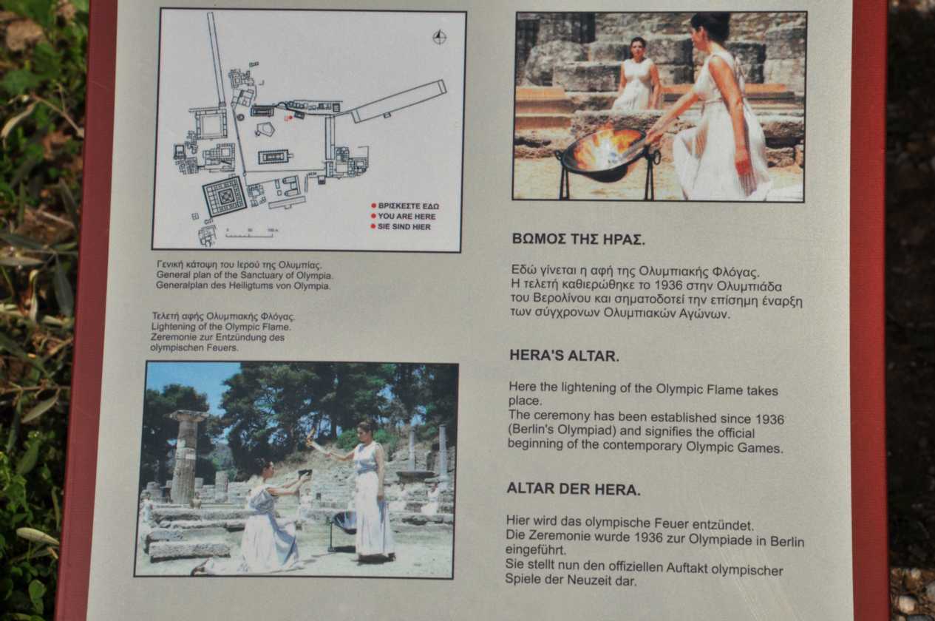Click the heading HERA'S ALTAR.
coord(564,356)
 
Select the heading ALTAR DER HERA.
coord(573,489)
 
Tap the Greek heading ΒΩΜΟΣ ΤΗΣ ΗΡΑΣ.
coord(578,239)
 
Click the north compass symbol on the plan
coord(439,37)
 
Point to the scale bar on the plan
coord(250,234)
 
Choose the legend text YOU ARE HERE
coord(407,217)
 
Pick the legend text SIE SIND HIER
coord(404,227)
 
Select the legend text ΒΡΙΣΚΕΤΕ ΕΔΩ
coord(408,206)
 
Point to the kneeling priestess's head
coord(264,468)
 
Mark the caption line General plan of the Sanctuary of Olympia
coord(244,275)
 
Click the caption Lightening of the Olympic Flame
coord(221,327)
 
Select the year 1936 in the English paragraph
coord(768,419)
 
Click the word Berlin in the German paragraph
coord(787,542)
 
